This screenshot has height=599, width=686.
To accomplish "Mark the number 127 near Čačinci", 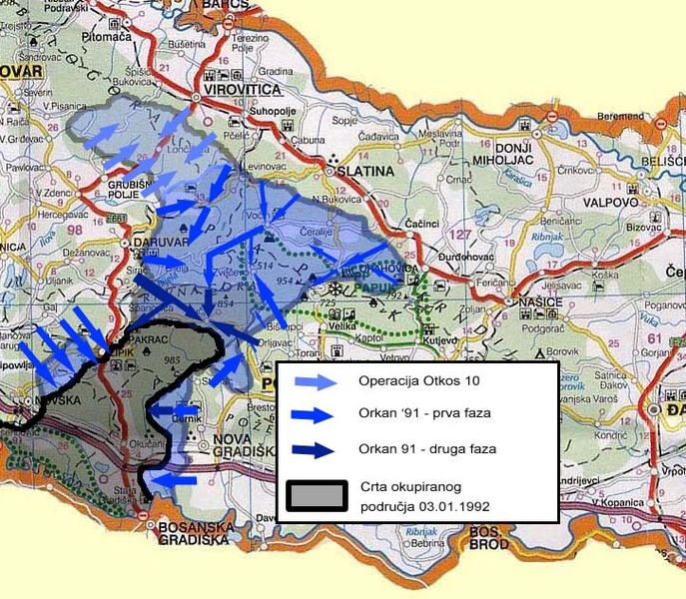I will click(x=432, y=237).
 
